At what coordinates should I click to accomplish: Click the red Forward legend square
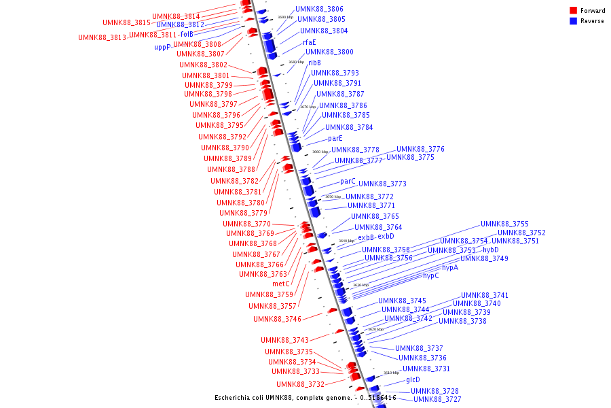click(574, 10)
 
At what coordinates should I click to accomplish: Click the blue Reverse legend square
click(574, 21)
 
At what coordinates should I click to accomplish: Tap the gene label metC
click(281, 284)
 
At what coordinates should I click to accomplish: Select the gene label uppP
click(162, 48)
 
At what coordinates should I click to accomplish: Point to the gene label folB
click(187, 34)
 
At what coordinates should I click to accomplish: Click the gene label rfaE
click(309, 42)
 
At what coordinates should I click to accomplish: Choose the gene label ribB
click(314, 63)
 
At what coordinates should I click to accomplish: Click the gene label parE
click(335, 138)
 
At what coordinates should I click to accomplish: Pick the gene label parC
click(348, 182)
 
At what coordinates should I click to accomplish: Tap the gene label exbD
click(386, 236)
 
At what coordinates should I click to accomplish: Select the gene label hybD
click(490, 250)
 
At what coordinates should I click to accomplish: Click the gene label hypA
click(450, 267)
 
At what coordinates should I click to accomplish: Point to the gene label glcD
click(413, 379)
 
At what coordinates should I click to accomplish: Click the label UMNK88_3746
click(277, 319)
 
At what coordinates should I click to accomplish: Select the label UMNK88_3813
click(102, 37)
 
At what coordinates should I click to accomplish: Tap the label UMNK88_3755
click(504, 224)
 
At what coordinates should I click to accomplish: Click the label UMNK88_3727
click(437, 399)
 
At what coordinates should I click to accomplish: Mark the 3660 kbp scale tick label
click(320, 152)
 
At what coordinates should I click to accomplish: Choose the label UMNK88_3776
click(420, 149)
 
